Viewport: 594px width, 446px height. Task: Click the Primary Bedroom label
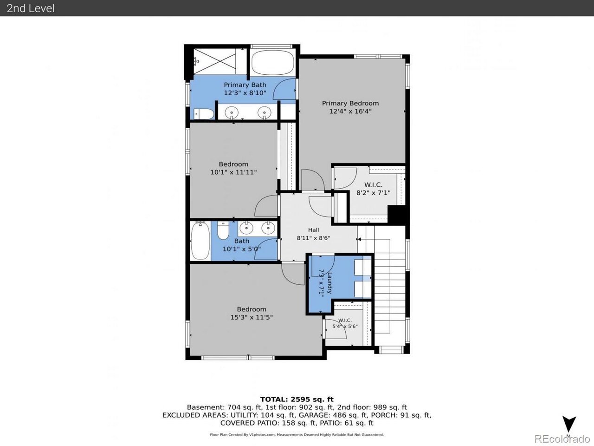coord(350,103)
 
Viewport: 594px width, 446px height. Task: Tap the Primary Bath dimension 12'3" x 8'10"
coord(245,93)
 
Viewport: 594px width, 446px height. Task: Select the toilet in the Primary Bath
coord(204,114)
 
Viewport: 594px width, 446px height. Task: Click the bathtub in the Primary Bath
coord(272,63)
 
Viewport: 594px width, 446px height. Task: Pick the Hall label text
coord(313,230)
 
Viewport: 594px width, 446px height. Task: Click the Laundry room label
coord(329,283)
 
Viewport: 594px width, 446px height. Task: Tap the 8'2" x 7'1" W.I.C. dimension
coord(373,193)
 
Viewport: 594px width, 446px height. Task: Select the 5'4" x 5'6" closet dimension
coord(345,326)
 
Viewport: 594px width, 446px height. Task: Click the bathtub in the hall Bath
coord(200,241)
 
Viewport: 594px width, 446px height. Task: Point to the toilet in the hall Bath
coord(223,230)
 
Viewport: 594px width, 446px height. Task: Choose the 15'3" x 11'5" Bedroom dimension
coord(252,317)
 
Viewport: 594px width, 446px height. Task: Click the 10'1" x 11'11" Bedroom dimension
coord(233,172)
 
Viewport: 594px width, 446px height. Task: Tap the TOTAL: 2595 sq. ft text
coord(297,399)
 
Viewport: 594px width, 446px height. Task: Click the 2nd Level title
coord(31,8)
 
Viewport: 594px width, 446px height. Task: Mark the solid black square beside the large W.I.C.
coord(396,215)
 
